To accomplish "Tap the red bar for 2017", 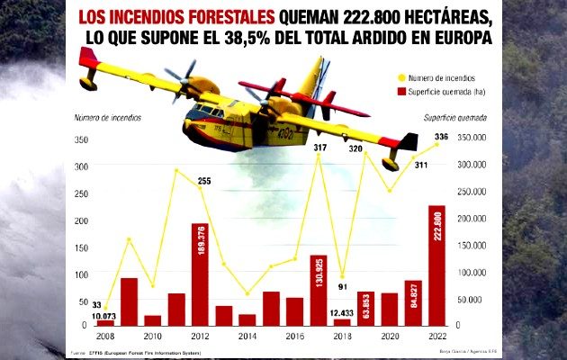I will (x=318, y=290).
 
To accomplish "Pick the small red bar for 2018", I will (x=342, y=321).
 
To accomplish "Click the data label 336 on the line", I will (x=441, y=137).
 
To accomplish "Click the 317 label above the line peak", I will (x=319, y=148).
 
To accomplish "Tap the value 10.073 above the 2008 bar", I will (x=105, y=316).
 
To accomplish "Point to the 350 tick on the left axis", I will (x=80, y=139).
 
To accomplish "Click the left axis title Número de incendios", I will (x=103, y=118).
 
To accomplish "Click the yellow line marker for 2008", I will (x=105, y=309).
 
